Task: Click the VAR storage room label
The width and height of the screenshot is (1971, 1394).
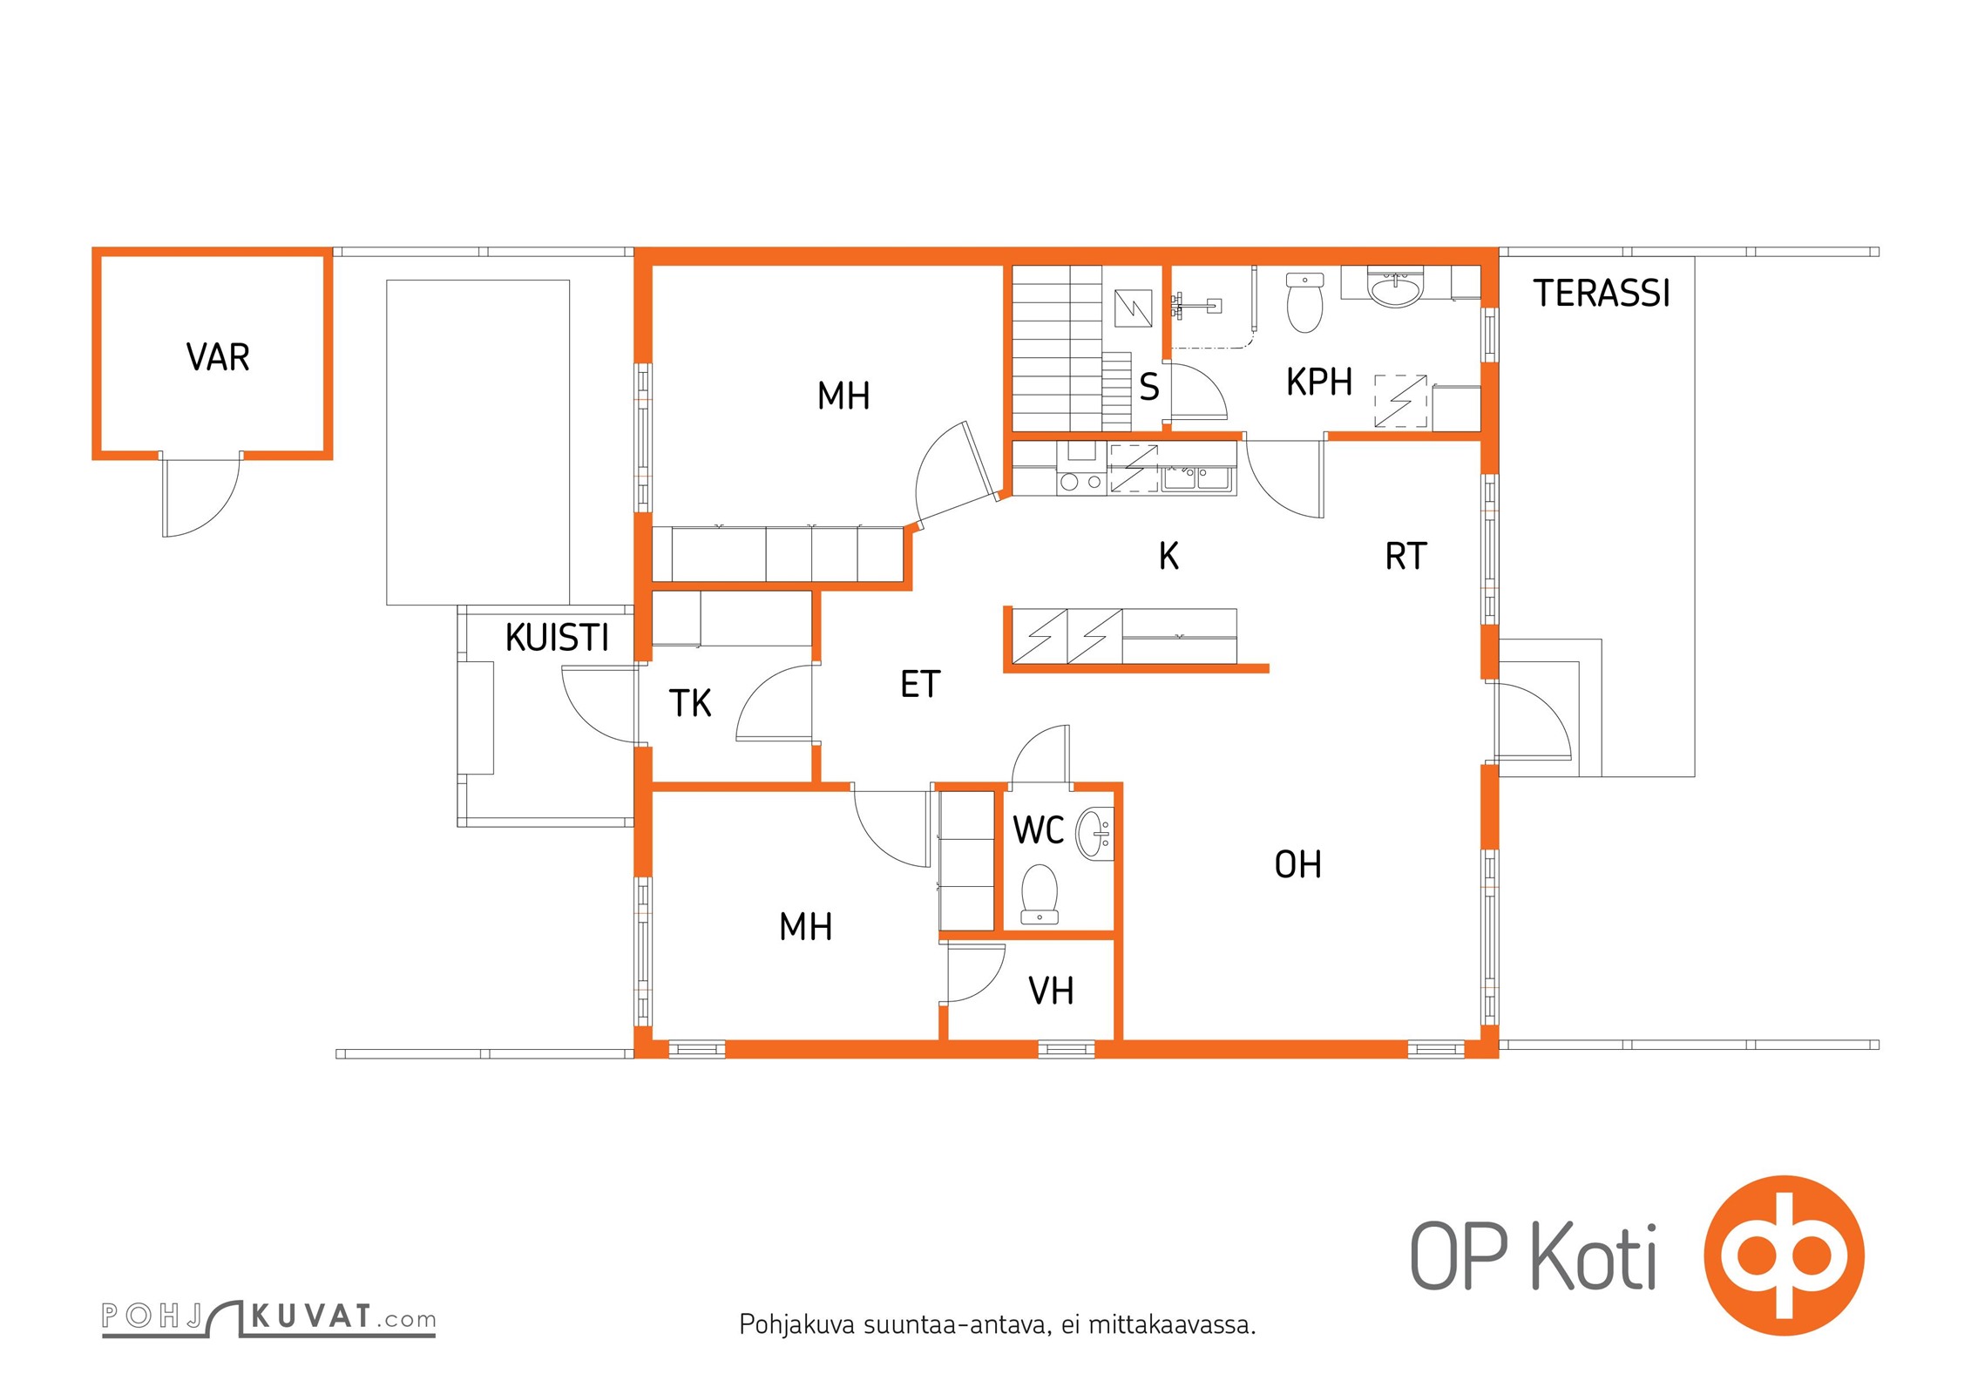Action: pos(218,357)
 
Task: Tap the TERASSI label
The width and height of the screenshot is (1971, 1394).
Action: pos(1602,294)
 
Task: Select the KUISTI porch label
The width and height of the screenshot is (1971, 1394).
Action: pos(557,638)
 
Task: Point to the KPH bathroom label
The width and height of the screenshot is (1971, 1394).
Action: pos(1319,382)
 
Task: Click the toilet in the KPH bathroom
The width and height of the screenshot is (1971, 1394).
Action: pos(1304,302)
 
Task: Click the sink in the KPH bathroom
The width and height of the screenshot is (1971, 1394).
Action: pos(1395,288)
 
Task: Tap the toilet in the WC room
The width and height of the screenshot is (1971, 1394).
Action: pos(1039,894)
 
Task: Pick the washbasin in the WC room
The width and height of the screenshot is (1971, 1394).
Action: pos(1094,835)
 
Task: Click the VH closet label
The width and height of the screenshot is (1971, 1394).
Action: pos(1051,991)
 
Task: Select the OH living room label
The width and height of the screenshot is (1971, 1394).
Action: pos(1298,865)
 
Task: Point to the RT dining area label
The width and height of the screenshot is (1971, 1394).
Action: pos(1405,556)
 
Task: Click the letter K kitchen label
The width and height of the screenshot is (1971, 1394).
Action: pos(1168,556)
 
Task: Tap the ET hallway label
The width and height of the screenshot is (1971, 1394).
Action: pos(920,684)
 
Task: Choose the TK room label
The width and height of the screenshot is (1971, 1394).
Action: pos(690,703)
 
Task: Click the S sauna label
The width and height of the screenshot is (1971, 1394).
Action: pos(1149,387)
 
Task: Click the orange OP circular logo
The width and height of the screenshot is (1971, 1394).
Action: pos(1784,1255)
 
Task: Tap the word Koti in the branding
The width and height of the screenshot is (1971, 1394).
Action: pos(1594,1255)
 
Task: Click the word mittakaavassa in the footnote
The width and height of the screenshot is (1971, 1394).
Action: pos(1172,1325)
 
